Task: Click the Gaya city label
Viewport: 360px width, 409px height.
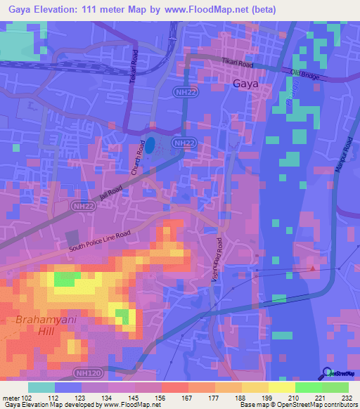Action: click(245, 84)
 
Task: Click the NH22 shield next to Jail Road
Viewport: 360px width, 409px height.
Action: click(82, 207)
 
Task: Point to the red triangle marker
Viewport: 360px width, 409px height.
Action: click(313, 267)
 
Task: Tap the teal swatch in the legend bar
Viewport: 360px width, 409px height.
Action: click(41, 387)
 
